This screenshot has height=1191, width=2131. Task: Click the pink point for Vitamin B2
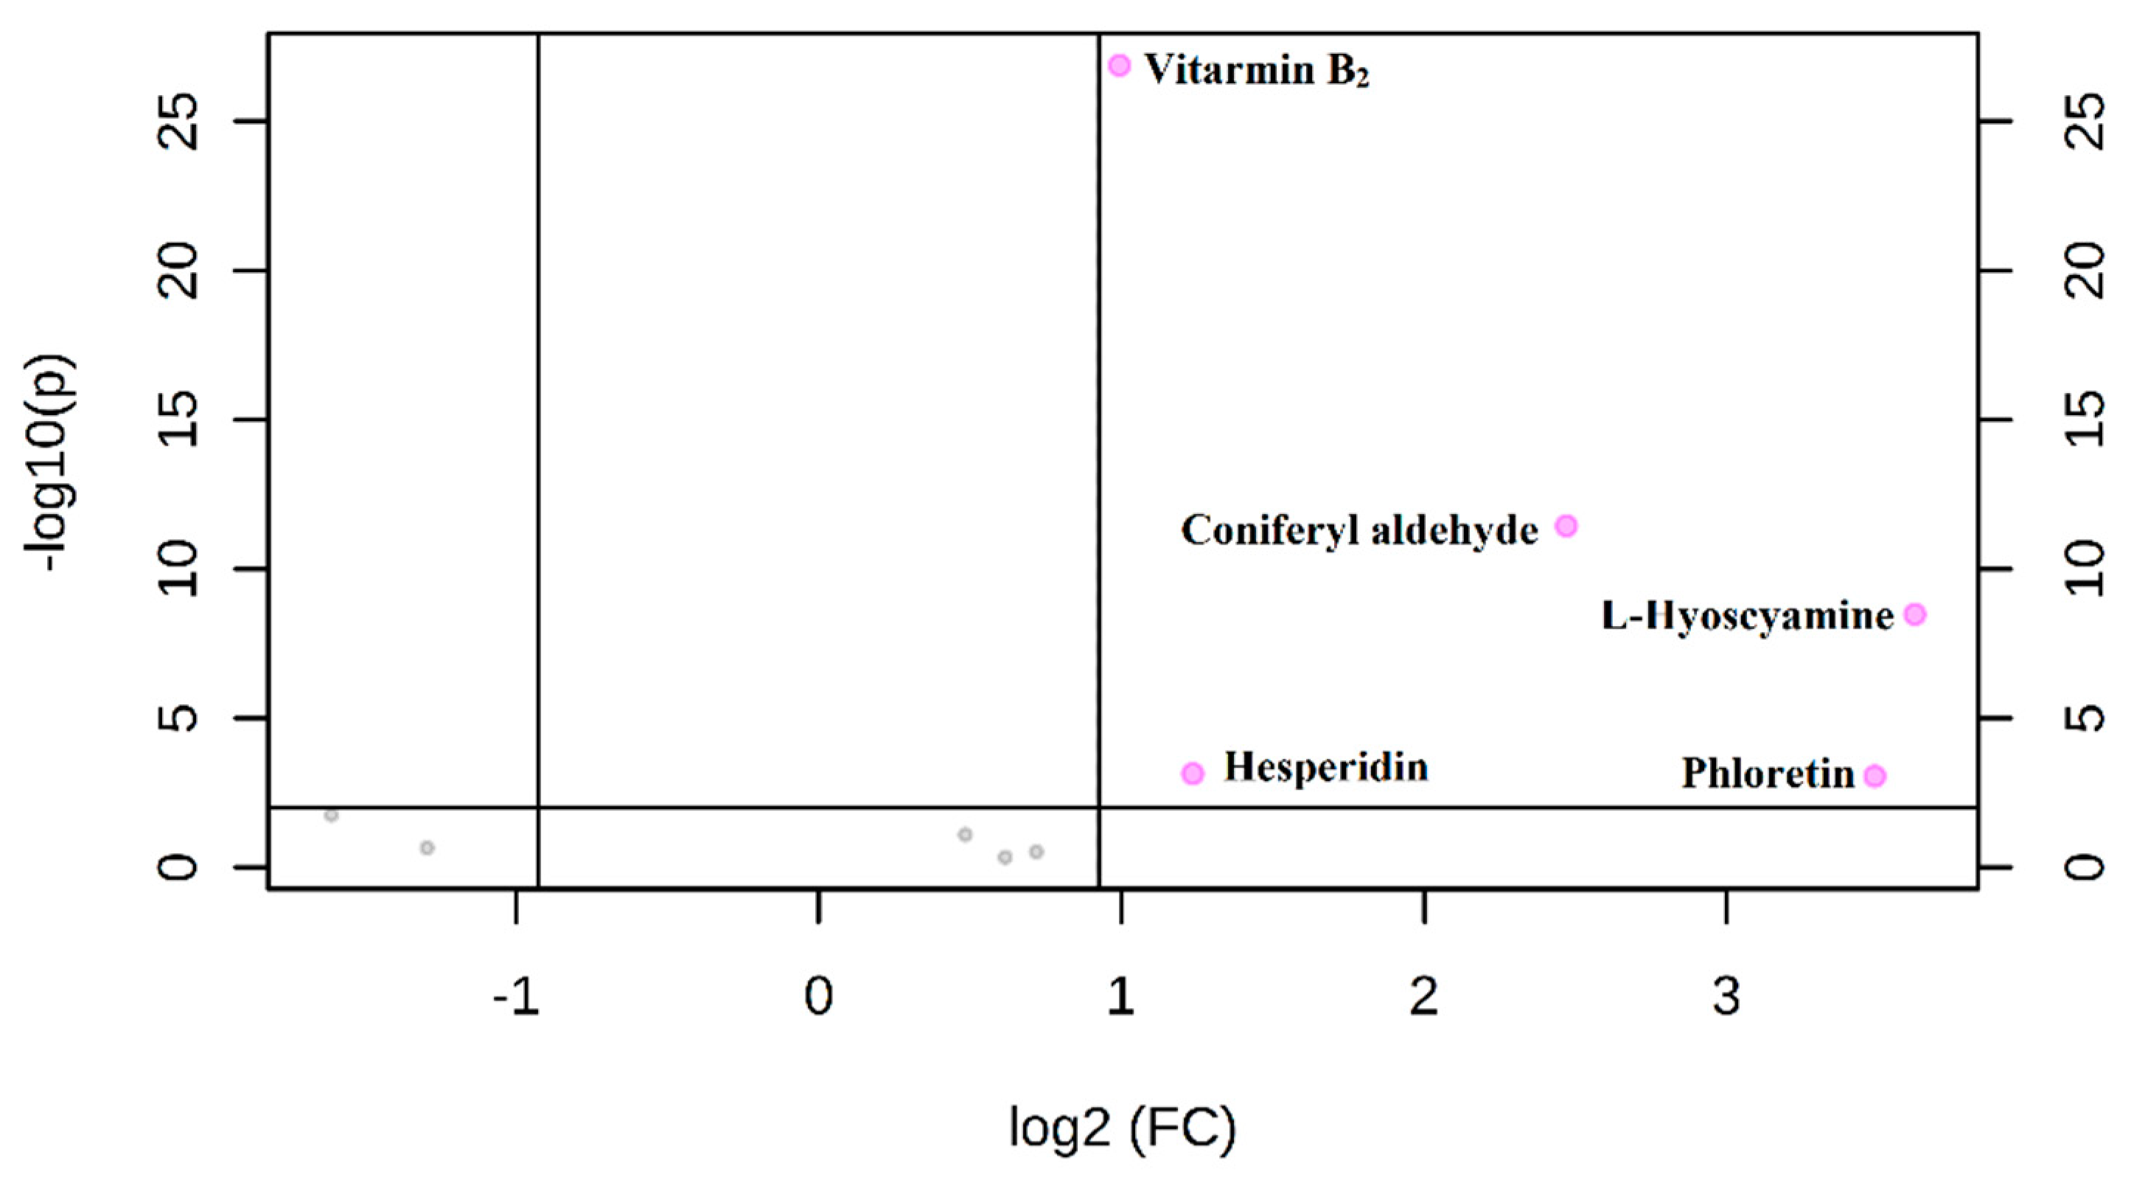1119,66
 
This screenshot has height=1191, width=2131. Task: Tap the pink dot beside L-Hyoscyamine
1915,614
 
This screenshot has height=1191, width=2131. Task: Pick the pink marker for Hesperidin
1192,773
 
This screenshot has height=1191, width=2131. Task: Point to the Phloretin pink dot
1875,777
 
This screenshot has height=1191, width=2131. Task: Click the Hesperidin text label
1326,767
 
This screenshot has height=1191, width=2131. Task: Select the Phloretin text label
1768,774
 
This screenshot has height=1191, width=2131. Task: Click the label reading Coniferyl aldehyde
1359,529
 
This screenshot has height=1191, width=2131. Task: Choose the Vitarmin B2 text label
1257,70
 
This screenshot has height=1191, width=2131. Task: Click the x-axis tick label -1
515,997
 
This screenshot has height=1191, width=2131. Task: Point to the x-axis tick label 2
1423,997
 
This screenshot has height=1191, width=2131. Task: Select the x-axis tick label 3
1726,997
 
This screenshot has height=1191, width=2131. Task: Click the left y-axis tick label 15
177,420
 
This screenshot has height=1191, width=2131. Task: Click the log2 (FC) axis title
1123,1128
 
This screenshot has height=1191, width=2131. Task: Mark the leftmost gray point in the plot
332,815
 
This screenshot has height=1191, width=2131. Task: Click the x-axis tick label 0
818,997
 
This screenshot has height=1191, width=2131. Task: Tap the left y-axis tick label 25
177,122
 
